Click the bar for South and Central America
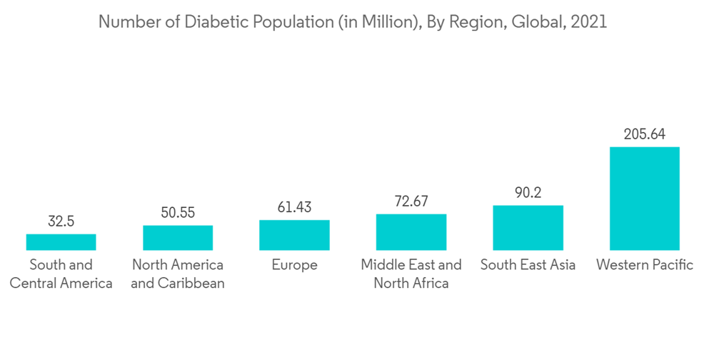pos(61,241)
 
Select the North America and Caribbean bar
pos(178,237)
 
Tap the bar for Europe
pos(294,235)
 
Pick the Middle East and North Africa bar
pos(411,232)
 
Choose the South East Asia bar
pos(528,228)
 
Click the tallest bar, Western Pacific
pos(644,199)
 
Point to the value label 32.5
pos(61,221)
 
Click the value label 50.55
pos(178,213)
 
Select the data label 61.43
pos(294,207)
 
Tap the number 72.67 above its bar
pos(411,201)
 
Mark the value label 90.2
pos(528,193)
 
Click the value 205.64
pos(644,134)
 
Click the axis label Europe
pos(294,265)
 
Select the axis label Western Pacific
pos(644,265)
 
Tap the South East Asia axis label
pos(528,265)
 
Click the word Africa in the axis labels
pos(429,283)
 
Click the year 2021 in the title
pos(589,22)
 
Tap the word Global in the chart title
pos(540,22)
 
